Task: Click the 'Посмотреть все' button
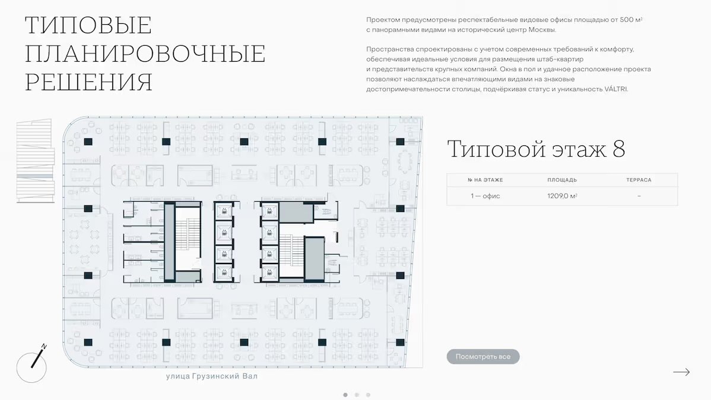pos(483,357)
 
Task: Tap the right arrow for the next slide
pos(681,372)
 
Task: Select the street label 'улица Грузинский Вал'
pos(212,376)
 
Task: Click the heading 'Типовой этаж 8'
pos(536,149)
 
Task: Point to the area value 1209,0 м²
pos(562,196)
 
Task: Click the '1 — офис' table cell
pos(485,196)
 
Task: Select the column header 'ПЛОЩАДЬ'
pos(562,180)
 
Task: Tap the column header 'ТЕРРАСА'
pos(639,180)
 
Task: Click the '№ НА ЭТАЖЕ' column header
pos(485,180)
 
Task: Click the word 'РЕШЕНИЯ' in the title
pos(88,82)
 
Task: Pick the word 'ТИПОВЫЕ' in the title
pos(88,25)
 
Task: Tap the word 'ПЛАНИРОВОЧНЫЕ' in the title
pos(145,53)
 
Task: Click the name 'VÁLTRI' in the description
pos(616,89)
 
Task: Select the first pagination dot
pos(345,395)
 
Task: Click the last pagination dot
pos(368,395)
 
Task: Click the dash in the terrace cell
pos(639,196)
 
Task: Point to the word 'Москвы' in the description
pos(543,30)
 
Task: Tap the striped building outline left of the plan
pos(36,161)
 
